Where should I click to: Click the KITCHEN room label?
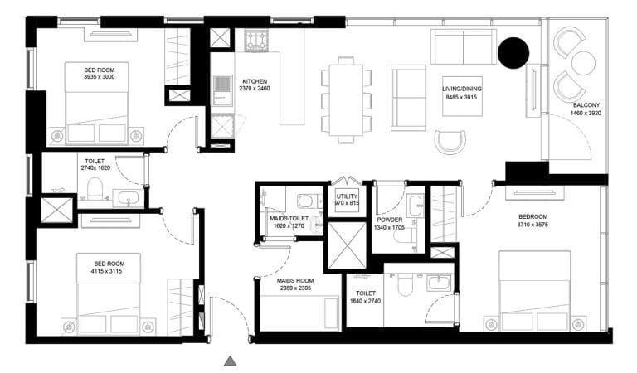pyautogui.click(x=255, y=80)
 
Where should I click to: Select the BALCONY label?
pyautogui.click(x=587, y=105)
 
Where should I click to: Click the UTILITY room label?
pyautogui.click(x=346, y=196)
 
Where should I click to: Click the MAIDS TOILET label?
pyautogui.click(x=289, y=217)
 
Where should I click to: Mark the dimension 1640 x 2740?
pyautogui.click(x=366, y=301)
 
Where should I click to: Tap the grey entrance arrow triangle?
pyautogui.click(x=231, y=360)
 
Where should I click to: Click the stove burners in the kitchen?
pyautogui.click(x=253, y=38)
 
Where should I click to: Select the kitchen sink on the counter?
pyautogui.click(x=221, y=83)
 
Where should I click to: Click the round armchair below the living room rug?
pyautogui.click(x=450, y=142)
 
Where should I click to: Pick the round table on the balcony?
pyautogui.click(x=584, y=62)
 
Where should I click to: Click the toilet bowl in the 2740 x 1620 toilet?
pyautogui.click(x=95, y=188)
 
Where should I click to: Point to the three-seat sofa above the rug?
pyautogui.click(x=463, y=46)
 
